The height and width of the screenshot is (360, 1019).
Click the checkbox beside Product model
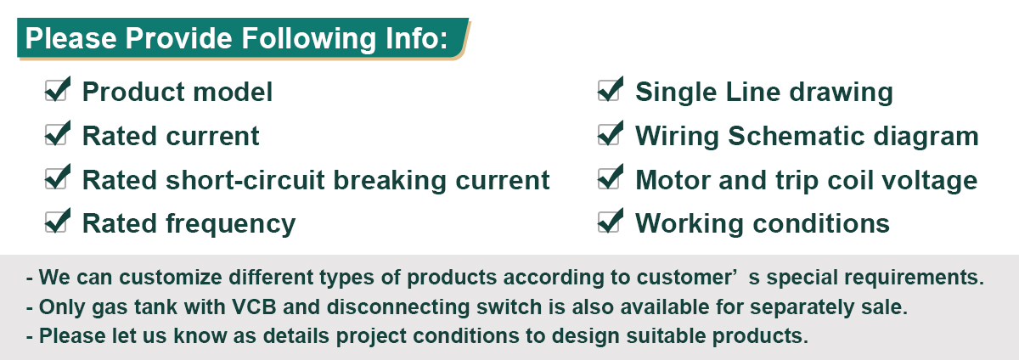[56, 91]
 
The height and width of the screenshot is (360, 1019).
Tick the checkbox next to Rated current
[56, 135]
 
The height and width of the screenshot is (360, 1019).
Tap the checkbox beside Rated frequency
[56, 222]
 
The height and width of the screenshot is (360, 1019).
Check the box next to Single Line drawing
[608, 91]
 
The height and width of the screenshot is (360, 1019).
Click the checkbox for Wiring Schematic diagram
[608, 135]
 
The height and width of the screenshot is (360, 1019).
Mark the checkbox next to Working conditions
[608, 222]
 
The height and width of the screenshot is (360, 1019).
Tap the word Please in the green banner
[71, 37]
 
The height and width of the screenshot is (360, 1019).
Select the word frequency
[231, 224]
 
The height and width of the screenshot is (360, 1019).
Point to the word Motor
[673, 180]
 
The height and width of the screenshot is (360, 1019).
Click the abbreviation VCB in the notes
[254, 307]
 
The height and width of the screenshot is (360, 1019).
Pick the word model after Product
[233, 92]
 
